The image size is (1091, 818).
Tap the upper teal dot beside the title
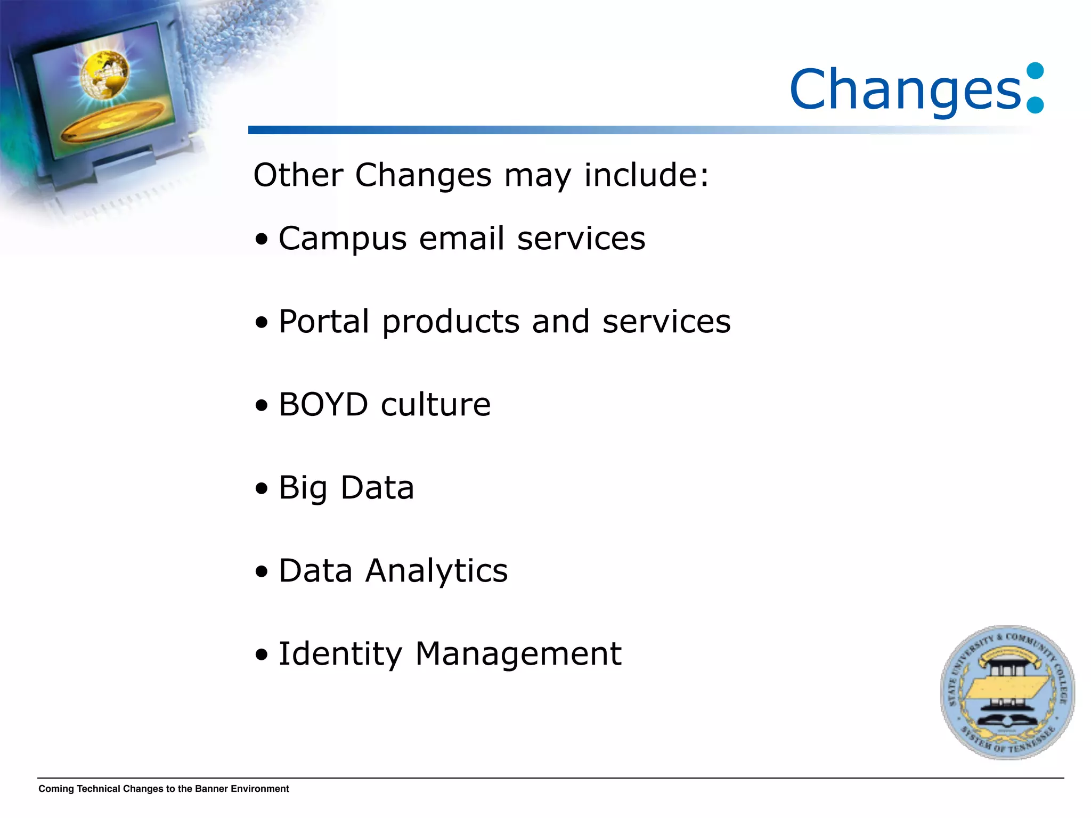pyautogui.click(x=1035, y=71)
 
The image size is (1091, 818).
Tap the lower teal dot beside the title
pyautogui.click(x=1035, y=104)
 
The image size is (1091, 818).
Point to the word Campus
pyautogui.click(x=343, y=239)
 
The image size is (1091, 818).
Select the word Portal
pyautogui.click(x=324, y=322)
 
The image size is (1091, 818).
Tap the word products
pyautogui.click(x=451, y=323)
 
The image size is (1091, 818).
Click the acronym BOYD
pyautogui.click(x=323, y=405)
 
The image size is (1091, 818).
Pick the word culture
pyautogui.click(x=436, y=405)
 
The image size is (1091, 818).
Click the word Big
pyautogui.click(x=303, y=488)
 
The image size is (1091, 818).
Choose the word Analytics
pyautogui.click(x=436, y=571)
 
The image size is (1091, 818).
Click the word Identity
pyautogui.click(x=340, y=655)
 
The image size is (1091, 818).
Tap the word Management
pyautogui.click(x=518, y=655)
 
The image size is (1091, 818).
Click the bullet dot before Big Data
pyautogui.click(x=261, y=488)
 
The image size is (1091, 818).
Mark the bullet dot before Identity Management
pyautogui.click(x=261, y=655)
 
